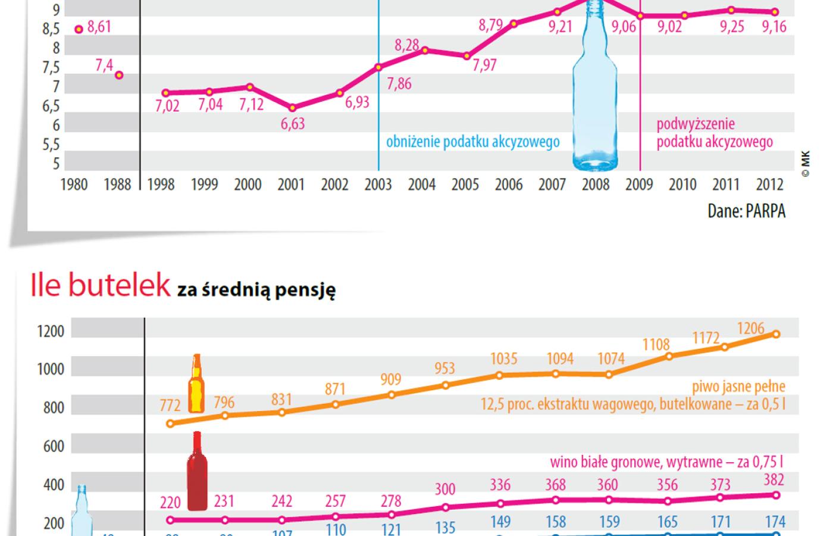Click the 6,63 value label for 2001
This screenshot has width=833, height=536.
[293, 124]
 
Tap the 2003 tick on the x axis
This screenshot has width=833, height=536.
[378, 185]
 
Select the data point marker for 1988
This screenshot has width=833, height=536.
[119, 75]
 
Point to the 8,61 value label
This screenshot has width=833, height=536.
[99, 27]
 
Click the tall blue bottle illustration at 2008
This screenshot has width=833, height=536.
[595, 89]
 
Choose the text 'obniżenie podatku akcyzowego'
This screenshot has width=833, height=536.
[473, 142]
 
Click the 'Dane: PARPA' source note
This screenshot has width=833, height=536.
[746, 211]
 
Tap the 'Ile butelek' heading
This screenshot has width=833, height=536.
[101, 286]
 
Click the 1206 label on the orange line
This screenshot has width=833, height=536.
[750, 329]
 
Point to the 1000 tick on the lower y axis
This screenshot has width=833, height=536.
[51, 369]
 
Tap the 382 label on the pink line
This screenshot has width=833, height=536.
[773, 480]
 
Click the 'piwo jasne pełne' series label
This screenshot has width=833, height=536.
[738, 387]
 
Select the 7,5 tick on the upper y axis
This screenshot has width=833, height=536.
[51, 68]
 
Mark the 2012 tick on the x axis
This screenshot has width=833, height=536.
[769, 185]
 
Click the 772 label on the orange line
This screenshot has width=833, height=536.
[170, 406]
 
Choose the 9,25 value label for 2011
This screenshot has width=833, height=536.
[731, 27]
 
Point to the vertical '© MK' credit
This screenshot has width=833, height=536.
[806, 164]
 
